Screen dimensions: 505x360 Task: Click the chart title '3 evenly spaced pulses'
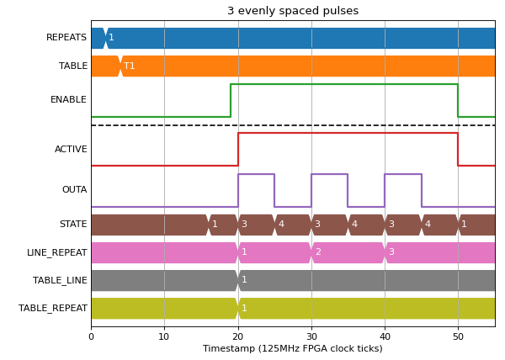[293, 11]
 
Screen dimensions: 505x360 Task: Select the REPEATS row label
[66, 37]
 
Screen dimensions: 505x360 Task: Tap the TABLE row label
[73, 66]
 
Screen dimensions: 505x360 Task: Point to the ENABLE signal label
[68, 99]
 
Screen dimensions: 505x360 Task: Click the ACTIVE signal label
[71, 149]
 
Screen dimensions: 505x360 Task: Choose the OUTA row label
[74, 189]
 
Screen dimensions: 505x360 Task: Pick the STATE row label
[73, 224]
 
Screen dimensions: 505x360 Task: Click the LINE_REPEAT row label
[57, 252]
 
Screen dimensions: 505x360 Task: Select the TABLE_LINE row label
[60, 280]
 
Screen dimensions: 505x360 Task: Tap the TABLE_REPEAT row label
[53, 308]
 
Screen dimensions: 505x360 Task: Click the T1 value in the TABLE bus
[129, 66]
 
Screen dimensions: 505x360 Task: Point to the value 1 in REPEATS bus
[111, 37]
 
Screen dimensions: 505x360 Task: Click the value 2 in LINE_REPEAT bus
[318, 251]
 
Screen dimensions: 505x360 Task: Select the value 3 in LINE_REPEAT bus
[391, 251]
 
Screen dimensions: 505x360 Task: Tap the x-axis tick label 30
[311, 336]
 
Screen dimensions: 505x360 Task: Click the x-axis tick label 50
[458, 336]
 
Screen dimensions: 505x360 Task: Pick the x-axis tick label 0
[92, 336]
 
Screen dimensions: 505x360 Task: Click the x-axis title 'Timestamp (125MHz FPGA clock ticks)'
[293, 349]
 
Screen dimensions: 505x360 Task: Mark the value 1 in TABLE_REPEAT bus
[244, 308]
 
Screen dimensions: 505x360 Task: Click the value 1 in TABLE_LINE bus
[244, 279]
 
